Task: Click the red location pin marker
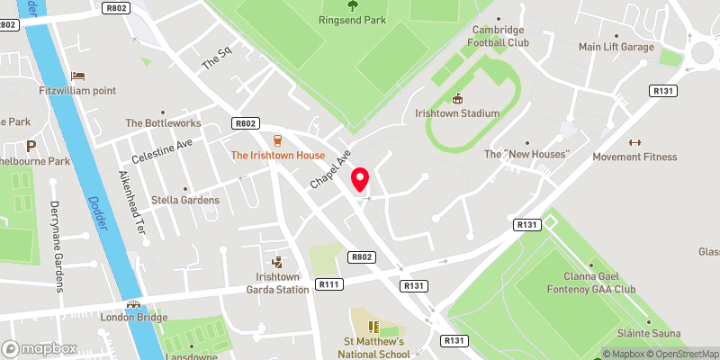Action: (361, 179)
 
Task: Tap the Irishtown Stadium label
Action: (457, 113)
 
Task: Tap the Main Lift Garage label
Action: (616, 47)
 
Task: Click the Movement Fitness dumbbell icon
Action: (634, 141)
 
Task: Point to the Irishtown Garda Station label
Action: (276, 283)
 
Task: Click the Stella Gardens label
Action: (186, 200)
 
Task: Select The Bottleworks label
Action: (159, 123)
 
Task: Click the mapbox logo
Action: (39, 348)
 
